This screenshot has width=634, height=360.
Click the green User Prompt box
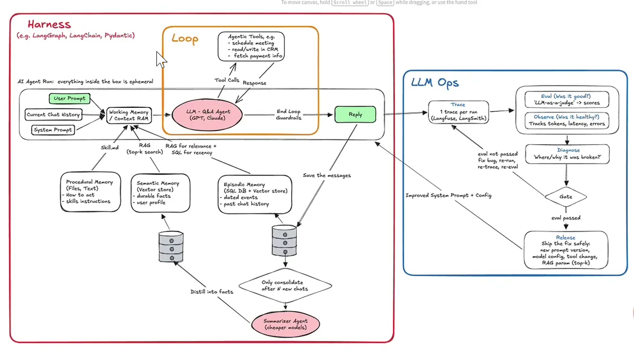pos(70,98)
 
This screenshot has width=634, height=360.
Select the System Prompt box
pos(53,130)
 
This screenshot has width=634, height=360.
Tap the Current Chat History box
pos(53,115)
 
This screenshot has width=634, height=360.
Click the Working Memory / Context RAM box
pos(129,115)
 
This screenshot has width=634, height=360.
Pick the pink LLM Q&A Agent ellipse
pos(207,115)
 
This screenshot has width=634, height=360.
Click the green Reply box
pos(355,114)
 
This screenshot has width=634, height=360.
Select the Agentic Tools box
pos(251,46)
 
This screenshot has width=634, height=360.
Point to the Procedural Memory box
pos(90,192)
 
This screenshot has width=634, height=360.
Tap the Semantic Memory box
pos(161,193)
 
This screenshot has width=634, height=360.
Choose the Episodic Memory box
pos(255,195)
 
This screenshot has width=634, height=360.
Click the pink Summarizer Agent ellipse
pos(286,324)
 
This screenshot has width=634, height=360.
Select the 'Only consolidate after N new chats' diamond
pos(285,285)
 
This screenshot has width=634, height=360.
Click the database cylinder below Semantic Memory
pos(171,246)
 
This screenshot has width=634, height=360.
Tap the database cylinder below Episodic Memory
pos(284,241)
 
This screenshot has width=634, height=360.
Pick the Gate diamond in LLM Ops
pos(566,197)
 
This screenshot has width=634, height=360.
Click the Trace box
pos(459,112)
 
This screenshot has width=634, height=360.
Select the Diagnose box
pos(567,154)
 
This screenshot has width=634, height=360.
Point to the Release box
pos(566,250)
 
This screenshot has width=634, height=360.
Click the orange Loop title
pos(185,39)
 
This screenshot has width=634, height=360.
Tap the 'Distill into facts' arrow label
pos(212,292)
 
